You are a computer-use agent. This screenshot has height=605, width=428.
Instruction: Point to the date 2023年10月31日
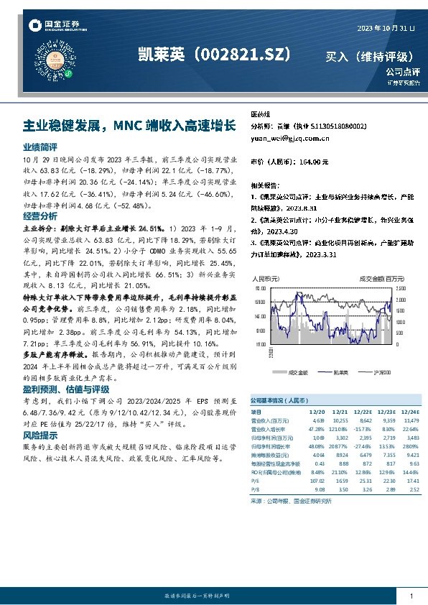tap(386, 27)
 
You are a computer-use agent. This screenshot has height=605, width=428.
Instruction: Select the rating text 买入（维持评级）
tap(369, 56)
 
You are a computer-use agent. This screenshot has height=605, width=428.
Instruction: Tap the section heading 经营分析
tap(40, 216)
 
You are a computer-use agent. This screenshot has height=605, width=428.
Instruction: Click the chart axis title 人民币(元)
tap(264, 277)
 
